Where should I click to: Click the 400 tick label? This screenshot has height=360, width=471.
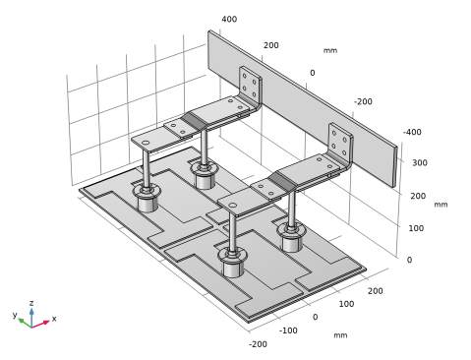229,20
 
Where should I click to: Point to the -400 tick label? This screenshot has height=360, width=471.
412,132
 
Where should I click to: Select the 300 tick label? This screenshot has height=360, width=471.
420,163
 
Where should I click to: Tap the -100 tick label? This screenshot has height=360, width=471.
288,330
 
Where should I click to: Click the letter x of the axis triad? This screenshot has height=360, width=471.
54,319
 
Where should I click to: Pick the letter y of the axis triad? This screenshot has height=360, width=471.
15,315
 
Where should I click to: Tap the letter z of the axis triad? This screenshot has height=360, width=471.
31,303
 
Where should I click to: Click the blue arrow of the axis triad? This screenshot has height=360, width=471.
31,318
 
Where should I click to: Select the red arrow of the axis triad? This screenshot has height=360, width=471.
40,324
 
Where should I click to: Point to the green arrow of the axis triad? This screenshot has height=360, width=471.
25,323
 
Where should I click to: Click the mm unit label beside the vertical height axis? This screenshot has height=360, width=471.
441,205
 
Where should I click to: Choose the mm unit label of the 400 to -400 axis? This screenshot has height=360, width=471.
330,50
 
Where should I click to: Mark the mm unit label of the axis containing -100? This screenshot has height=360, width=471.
340,335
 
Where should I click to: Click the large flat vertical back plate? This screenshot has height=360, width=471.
302,98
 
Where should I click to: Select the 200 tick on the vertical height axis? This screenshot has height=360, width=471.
418,196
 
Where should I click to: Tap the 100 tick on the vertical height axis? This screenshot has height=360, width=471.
416,228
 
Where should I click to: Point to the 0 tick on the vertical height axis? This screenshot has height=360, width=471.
409,260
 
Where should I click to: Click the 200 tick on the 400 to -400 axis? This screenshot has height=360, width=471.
271,45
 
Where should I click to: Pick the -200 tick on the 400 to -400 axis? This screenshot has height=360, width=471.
363,102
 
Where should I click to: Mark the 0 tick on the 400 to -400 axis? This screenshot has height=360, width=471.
313,73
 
